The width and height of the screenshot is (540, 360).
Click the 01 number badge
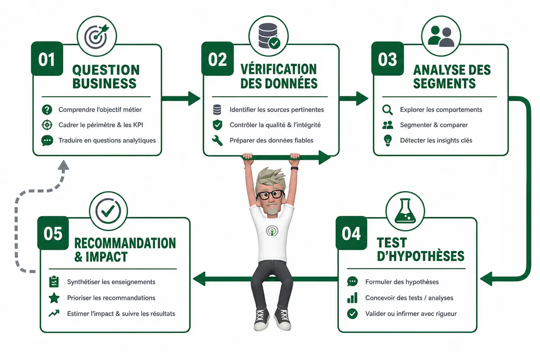click(x=47, y=58)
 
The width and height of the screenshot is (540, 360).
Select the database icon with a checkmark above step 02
click(x=269, y=36)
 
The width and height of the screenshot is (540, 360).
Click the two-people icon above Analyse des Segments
click(x=441, y=36)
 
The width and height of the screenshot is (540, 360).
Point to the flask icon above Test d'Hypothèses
click(x=405, y=211)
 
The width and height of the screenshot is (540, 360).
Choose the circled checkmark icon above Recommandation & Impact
click(x=108, y=211)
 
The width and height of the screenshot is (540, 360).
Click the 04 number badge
click(x=351, y=233)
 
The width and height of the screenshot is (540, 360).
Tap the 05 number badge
click(x=53, y=233)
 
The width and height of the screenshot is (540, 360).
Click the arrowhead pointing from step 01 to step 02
click(x=194, y=99)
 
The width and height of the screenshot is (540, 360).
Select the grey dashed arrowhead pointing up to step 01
click(x=63, y=166)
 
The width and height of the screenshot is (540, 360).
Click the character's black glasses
click(x=270, y=195)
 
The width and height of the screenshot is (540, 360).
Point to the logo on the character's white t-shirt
click(x=272, y=231)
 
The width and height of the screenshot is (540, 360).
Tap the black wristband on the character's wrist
click(x=294, y=169)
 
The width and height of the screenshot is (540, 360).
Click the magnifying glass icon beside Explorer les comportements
click(x=387, y=110)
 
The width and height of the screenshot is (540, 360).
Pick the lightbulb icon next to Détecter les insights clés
click(x=387, y=140)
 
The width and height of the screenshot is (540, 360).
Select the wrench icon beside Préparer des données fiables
click(x=217, y=140)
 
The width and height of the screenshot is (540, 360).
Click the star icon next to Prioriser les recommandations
click(x=54, y=298)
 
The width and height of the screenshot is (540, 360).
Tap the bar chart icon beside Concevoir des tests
click(x=352, y=298)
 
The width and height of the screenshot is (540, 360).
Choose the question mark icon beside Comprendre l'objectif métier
click(x=47, y=110)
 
